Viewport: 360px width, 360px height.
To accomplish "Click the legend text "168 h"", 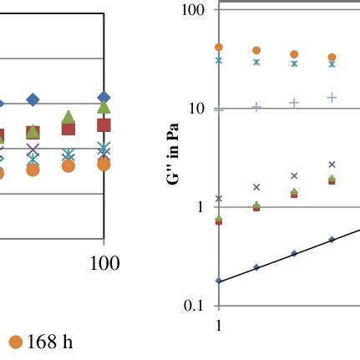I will (x=50, y=342).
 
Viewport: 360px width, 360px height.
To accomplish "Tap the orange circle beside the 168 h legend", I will (x=15, y=342).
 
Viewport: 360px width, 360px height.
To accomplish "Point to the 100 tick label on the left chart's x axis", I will (x=104, y=264).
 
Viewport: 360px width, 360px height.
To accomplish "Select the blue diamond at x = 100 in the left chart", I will (x=104, y=99).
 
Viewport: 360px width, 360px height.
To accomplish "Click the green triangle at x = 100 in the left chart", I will (x=104, y=108).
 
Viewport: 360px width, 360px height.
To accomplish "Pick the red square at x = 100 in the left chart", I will (x=104, y=124).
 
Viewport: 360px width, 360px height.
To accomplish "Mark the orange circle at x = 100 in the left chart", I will (x=104, y=165).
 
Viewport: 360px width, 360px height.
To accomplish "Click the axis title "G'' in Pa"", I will (x=174, y=157).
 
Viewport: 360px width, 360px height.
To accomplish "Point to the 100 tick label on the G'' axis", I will (x=194, y=10).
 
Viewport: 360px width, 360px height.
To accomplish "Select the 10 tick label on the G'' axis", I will (x=198, y=109).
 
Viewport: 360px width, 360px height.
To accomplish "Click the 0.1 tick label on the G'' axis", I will (x=195, y=306).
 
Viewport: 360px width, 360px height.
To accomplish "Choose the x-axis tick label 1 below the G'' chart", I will (x=219, y=325).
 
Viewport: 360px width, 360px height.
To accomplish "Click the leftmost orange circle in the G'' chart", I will (x=219, y=48).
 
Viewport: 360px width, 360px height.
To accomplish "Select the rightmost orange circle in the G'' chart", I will (x=332, y=58).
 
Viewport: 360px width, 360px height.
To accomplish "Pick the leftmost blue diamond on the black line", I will (x=219, y=281).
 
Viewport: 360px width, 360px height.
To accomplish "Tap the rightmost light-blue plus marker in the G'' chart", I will (x=332, y=98).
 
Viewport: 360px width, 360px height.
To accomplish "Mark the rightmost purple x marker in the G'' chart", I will (x=332, y=165).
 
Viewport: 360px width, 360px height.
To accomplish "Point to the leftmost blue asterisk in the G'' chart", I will (x=219, y=60).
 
